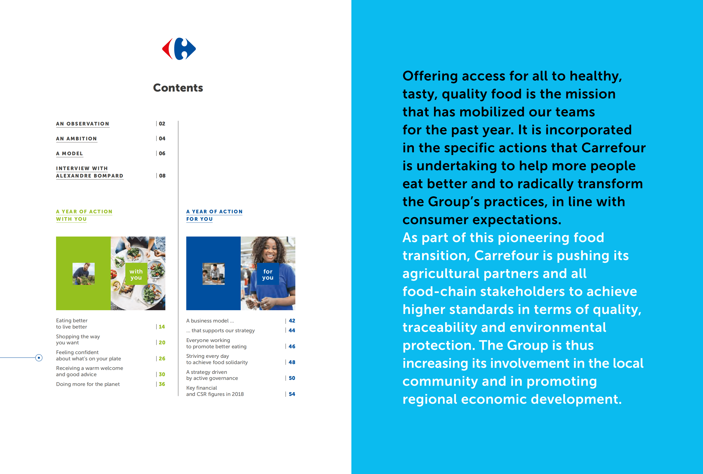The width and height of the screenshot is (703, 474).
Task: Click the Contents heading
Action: click(x=178, y=88)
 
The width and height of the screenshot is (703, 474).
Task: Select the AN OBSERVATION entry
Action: click(x=83, y=124)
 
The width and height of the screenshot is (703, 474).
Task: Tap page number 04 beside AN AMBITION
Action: click(x=162, y=138)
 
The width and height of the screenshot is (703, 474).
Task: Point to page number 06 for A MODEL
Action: click(x=162, y=153)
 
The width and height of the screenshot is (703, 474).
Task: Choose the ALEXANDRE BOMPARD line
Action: click(x=90, y=176)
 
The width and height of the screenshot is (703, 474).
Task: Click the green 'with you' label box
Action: click(x=136, y=274)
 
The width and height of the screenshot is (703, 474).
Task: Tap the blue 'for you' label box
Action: click(x=268, y=274)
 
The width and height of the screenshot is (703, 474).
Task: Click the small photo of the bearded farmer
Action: click(x=83, y=273)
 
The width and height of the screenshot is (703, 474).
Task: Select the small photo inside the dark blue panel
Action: click(x=213, y=273)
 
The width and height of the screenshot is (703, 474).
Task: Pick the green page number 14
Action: click(x=162, y=326)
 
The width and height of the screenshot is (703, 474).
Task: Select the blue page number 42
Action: click(x=292, y=320)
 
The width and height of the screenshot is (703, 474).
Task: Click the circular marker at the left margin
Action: click(x=39, y=358)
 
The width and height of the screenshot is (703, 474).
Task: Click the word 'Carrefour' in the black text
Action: click(x=613, y=148)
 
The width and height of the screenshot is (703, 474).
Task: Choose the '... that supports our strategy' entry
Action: click(x=220, y=330)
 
